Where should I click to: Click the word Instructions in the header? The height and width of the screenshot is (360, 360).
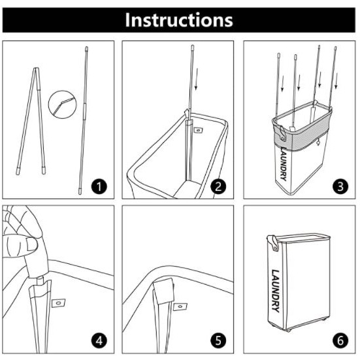pyautogui.click(x=179, y=20)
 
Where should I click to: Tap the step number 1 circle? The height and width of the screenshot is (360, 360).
pyautogui.click(x=99, y=186)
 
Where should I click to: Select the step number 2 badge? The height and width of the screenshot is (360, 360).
pyautogui.click(x=218, y=186)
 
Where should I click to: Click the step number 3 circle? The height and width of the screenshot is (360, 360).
pyautogui.click(x=340, y=186)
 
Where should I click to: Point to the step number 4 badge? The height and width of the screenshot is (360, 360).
pyautogui.click(x=99, y=340)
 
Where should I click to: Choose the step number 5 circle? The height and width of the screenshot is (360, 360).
pyautogui.click(x=218, y=340)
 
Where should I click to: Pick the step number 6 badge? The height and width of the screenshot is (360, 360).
pyautogui.click(x=340, y=340)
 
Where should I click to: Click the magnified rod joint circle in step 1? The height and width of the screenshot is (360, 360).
pyautogui.click(x=62, y=105)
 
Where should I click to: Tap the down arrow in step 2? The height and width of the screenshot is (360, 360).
pyautogui.click(x=196, y=79)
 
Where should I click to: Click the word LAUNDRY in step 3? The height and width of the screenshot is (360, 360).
pyautogui.click(x=284, y=164)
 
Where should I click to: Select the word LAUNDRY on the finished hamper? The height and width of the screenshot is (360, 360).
pyautogui.click(x=276, y=291)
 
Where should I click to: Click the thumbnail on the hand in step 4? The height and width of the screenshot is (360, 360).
pyautogui.click(x=32, y=244)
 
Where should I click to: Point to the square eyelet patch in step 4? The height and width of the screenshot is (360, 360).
pyautogui.click(x=58, y=303)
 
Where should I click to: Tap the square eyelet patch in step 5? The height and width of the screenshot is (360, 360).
pyautogui.click(x=180, y=306)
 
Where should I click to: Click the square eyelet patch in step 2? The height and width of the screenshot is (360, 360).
pyautogui.click(x=198, y=131)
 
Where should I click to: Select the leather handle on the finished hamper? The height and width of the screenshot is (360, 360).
pyautogui.click(x=273, y=243)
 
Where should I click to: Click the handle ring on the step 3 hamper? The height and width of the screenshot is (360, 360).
pyautogui.click(x=282, y=134)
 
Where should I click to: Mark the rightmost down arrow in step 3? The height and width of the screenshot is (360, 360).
pyautogui.click(x=336, y=80)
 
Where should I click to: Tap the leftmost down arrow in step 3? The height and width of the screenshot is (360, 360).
pyautogui.click(x=282, y=84)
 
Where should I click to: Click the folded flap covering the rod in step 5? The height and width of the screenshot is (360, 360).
pyautogui.click(x=164, y=291)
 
